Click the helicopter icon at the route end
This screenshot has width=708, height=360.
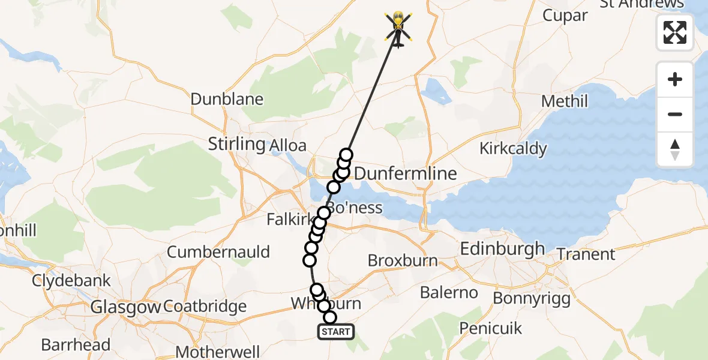[x=398, y=28]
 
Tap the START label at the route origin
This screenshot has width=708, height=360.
[x=336, y=332]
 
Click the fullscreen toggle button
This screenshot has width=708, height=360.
[x=675, y=32]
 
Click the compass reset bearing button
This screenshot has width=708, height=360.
[x=675, y=149]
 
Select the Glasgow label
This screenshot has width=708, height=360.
[x=125, y=307]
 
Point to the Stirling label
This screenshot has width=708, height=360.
[x=236, y=144]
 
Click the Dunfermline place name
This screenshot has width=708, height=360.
[x=406, y=174]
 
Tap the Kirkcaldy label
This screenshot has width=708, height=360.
[x=513, y=148]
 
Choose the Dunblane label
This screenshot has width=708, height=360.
[x=227, y=99]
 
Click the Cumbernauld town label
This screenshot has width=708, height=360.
[x=218, y=252]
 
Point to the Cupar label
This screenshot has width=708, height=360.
[x=565, y=16]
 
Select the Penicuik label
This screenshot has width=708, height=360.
[x=491, y=328]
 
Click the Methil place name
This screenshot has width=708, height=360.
[x=565, y=101]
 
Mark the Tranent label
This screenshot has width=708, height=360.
[x=586, y=254]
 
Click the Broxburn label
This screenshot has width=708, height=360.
[x=402, y=261]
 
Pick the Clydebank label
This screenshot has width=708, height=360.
[x=71, y=280]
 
